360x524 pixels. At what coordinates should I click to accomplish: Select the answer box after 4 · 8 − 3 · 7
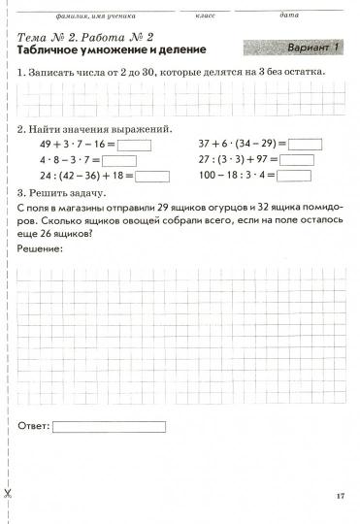coord(118,161)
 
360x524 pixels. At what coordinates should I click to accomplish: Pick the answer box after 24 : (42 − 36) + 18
coord(152,177)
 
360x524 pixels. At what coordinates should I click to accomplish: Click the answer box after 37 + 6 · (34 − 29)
coord(306,146)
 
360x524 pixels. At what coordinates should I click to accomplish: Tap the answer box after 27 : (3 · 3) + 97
coord(296,161)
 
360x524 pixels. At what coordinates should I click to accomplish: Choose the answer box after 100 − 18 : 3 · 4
coord(295,177)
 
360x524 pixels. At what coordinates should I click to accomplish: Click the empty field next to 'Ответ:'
coord(109,426)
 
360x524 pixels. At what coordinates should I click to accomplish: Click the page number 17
coord(340,496)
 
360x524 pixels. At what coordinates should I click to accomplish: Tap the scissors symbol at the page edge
coord(6,495)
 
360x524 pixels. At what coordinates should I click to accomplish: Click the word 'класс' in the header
coord(205,16)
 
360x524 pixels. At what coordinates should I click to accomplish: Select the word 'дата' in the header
coord(287,16)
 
